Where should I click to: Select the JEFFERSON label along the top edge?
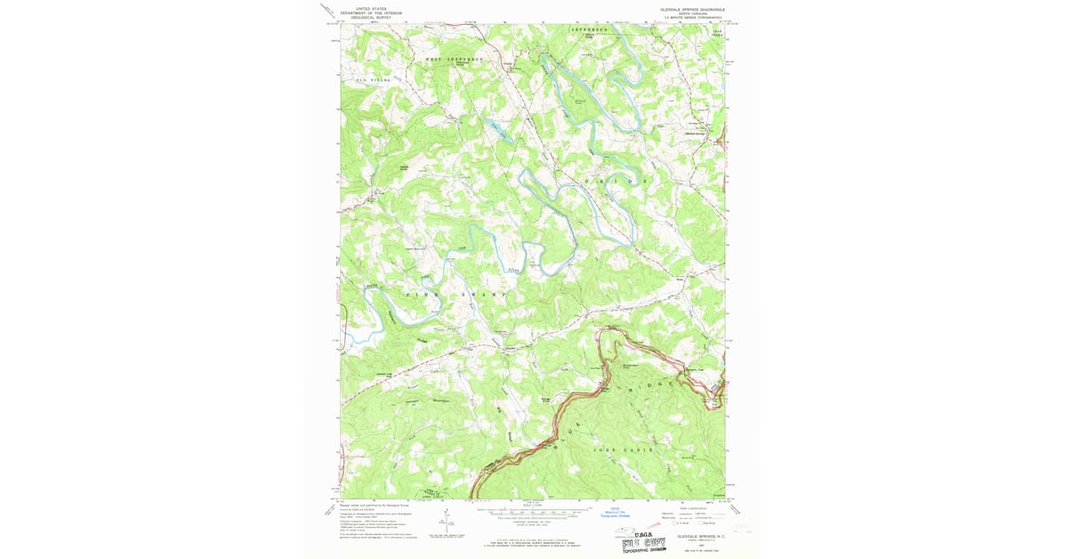pos(588,29)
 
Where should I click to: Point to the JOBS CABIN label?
pos(621,450)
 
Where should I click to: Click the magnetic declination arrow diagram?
pos(443,523)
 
